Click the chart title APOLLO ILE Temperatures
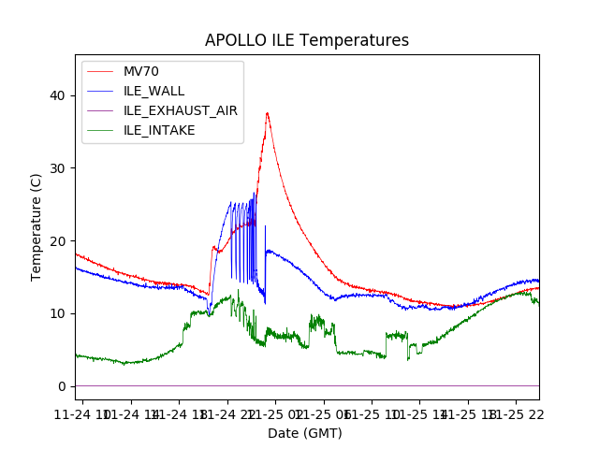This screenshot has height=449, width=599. (x=307, y=41)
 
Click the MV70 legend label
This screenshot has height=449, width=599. (x=141, y=71)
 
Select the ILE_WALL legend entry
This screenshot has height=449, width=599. (x=153, y=91)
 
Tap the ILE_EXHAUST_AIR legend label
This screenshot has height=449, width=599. (x=180, y=110)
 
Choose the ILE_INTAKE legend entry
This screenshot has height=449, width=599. (x=159, y=130)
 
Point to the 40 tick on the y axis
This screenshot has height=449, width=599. (x=58, y=95)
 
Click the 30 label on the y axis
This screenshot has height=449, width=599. (x=58, y=168)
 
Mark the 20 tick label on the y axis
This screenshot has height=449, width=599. (x=58, y=240)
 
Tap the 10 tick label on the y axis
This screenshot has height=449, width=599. (x=58, y=313)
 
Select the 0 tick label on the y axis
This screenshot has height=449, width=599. (x=62, y=386)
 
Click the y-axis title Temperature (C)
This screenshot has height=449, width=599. (x=37, y=226)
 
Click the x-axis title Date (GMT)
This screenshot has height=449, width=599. (x=305, y=433)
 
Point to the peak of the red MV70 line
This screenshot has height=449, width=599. (x=267, y=113)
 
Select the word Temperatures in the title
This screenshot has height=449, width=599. (x=356, y=41)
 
